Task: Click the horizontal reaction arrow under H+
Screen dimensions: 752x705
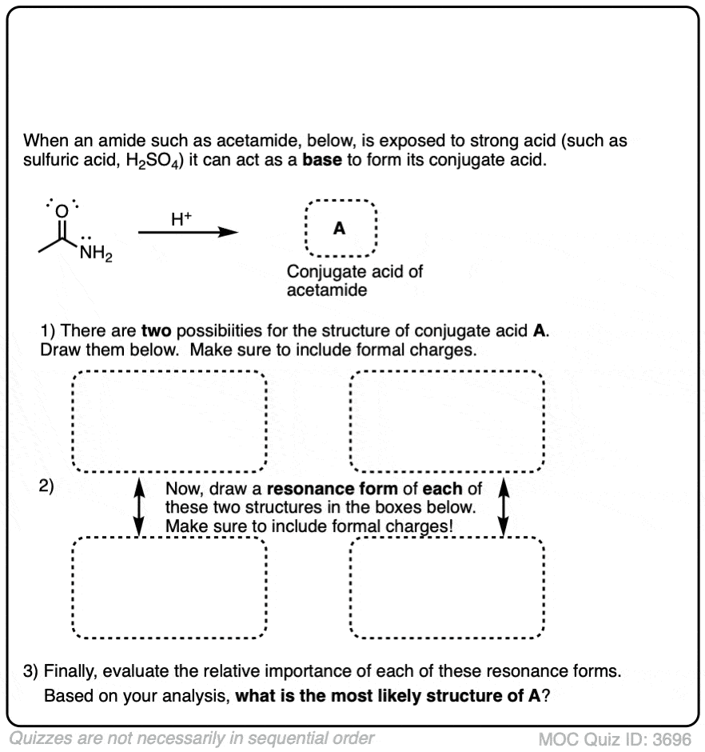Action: (x=189, y=233)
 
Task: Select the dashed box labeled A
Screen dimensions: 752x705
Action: (x=340, y=229)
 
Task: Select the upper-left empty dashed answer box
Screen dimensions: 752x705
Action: (x=169, y=422)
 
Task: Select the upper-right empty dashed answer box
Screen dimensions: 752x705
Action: (x=447, y=422)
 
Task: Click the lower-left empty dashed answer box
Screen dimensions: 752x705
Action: (x=169, y=588)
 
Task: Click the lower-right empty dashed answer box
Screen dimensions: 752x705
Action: (x=447, y=588)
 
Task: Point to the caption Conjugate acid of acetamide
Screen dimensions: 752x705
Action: (x=355, y=281)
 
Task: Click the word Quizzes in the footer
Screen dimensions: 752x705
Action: (x=40, y=738)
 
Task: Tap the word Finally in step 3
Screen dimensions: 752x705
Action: (x=70, y=670)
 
